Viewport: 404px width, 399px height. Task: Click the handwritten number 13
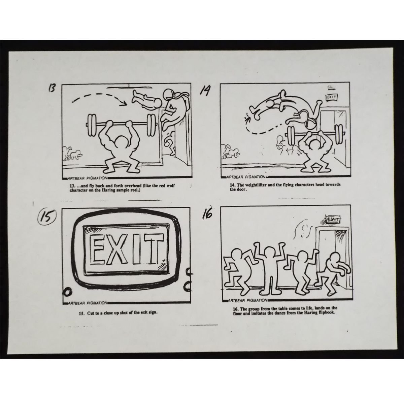(52, 88)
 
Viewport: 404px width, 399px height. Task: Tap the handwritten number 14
(204, 91)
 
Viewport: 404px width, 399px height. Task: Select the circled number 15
(46, 218)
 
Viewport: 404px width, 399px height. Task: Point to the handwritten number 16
(207, 214)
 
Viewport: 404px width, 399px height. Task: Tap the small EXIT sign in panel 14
(332, 97)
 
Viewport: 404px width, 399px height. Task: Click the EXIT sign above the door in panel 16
(333, 220)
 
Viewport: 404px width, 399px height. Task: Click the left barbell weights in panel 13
(92, 125)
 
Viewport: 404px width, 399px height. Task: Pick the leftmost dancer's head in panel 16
(236, 255)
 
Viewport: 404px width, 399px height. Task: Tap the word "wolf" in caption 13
(171, 186)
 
